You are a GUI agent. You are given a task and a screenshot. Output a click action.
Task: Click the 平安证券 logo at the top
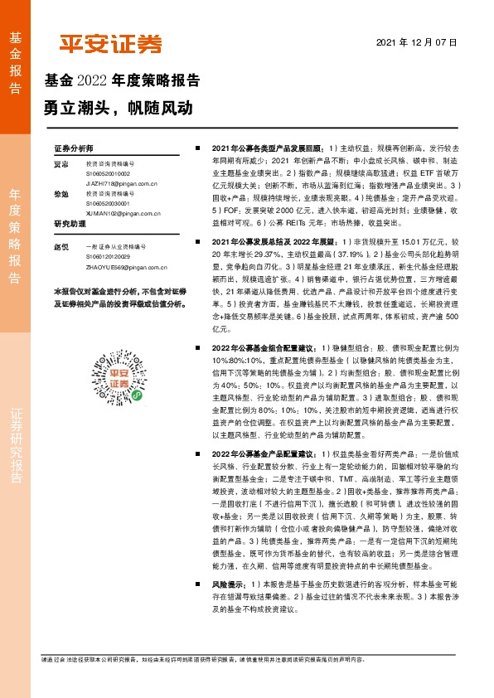pos(110,45)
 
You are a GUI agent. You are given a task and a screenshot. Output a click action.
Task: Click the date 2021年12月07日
pos(416,41)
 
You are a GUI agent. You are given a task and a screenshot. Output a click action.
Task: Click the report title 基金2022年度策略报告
pos(121,81)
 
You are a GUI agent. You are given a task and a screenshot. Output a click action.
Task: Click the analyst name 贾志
pos(60,164)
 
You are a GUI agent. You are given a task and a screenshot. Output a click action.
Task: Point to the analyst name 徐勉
pos(60,193)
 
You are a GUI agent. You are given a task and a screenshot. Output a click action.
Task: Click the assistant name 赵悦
pos(60,247)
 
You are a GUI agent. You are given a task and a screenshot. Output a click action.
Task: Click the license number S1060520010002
pos(109,174)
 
